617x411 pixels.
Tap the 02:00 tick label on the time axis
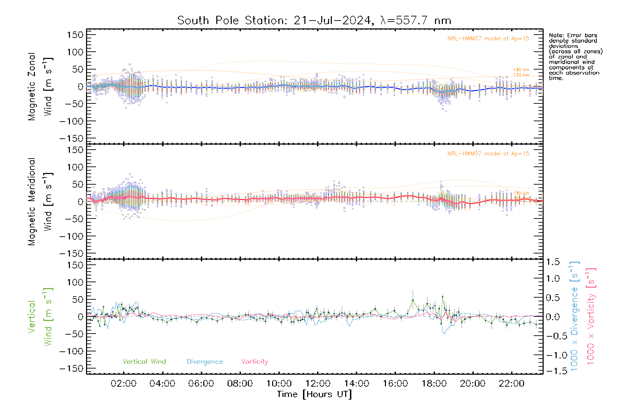click(123, 384)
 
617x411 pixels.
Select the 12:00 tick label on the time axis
click(318, 384)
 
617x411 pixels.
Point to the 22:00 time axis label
click(511, 384)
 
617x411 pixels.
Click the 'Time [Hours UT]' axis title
click(314, 394)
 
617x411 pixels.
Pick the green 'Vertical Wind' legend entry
click(144, 362)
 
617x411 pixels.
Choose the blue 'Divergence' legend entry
click(205, 362)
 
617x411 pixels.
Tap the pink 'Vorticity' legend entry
click(254, 362)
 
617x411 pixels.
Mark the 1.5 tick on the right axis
click(553, 262)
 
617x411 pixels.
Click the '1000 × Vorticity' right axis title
click(591, 316)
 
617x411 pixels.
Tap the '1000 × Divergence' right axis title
click(574, 316)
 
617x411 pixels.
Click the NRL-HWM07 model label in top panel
click(488, 39)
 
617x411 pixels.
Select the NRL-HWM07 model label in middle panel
click(488, 154)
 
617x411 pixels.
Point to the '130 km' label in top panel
click(521, 70)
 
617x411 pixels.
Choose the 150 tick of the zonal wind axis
click(75, 35)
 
